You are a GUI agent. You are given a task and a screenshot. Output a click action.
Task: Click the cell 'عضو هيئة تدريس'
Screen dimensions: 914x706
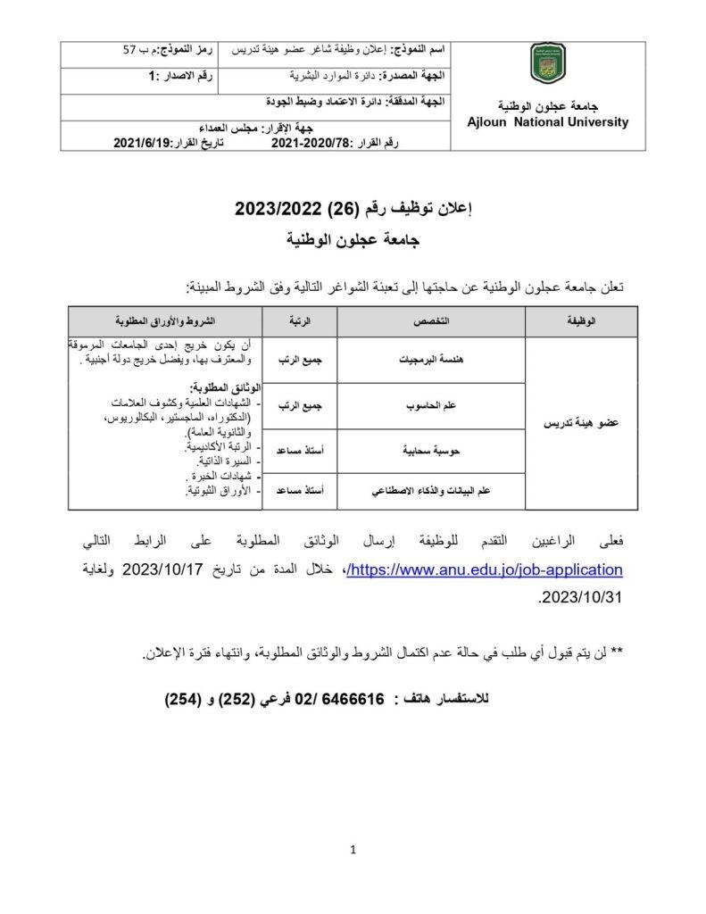pos(582,426)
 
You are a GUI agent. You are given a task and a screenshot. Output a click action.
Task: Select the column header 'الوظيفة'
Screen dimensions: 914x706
pos(582,320)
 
